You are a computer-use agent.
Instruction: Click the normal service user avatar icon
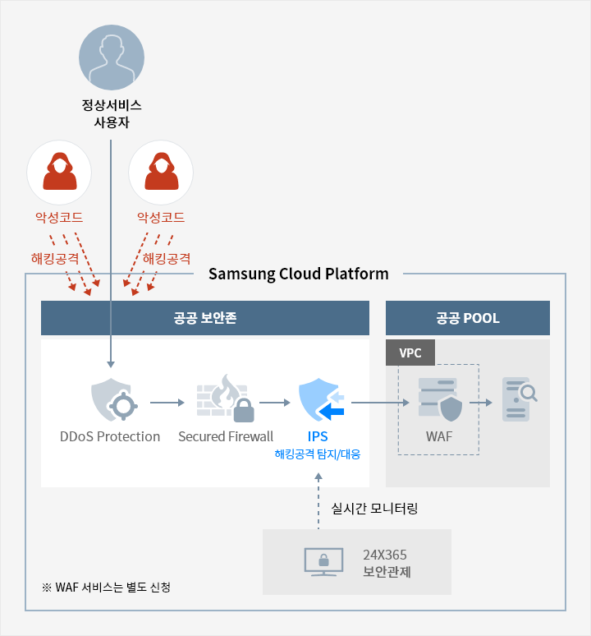(111, 57)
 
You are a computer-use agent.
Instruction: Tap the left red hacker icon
(58, 173)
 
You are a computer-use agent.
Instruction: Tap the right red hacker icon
(161, 173)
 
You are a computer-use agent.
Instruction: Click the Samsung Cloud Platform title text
(298, 274)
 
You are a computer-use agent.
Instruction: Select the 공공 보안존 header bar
(204, 318)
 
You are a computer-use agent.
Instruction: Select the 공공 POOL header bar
(467, 318)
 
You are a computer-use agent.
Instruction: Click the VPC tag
(410, 353)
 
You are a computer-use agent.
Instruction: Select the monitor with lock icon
(323, 562)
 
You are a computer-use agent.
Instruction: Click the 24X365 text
(385, 555)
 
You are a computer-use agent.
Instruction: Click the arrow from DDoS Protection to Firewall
(168, 403)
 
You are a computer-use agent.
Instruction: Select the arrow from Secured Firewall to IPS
(274, 403)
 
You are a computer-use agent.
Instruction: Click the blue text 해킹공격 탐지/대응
(317, 454)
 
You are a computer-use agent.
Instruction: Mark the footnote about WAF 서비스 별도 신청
(111, 588)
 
